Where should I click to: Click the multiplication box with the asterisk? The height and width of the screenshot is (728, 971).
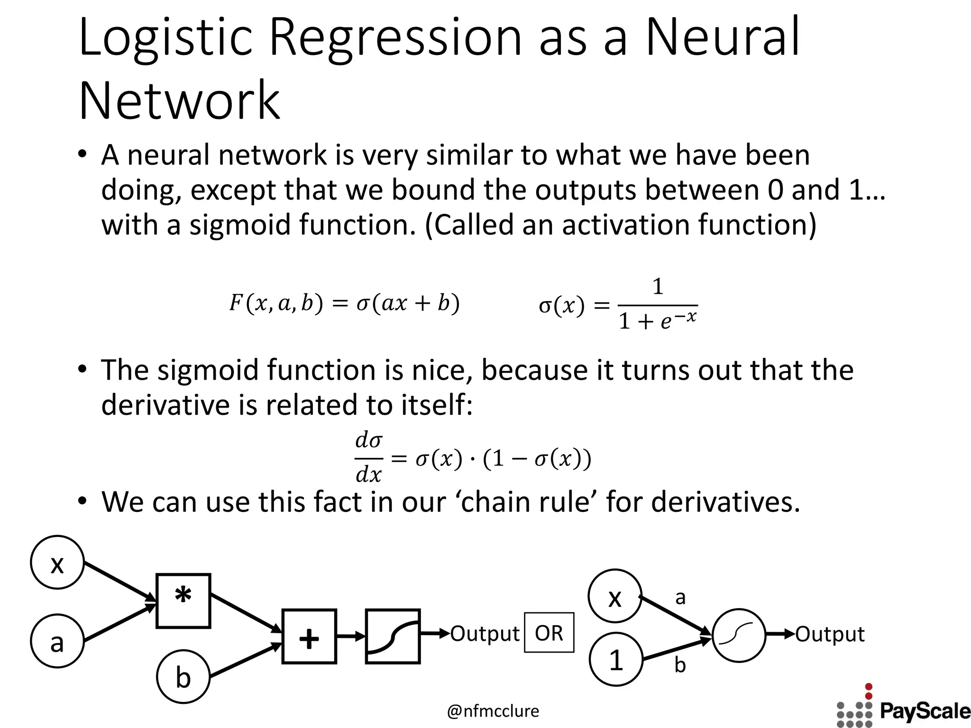coord(183,601)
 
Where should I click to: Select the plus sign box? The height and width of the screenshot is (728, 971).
coord(309,636)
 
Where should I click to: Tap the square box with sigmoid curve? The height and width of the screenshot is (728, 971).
coord(393,636)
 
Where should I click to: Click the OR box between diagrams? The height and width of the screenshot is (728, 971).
coord(549,633)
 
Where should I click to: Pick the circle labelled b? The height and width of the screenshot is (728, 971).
coord(183,676)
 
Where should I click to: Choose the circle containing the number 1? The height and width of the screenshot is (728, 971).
coord(616,659)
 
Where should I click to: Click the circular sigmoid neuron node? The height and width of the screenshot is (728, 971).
coord(739,635)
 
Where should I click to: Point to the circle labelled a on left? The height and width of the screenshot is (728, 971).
coord(57,641)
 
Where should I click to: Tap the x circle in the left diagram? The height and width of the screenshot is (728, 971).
coord(57,563)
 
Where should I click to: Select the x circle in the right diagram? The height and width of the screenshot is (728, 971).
coord(615,596)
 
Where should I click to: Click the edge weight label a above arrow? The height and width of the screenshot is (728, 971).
coord(680,597)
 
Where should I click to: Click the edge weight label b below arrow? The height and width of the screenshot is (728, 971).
coord(680,665)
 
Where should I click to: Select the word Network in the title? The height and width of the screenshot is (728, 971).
coord(179,100)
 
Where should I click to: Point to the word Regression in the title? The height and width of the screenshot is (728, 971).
coord(396,38)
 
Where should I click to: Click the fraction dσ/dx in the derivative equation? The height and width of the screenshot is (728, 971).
coord(369,457)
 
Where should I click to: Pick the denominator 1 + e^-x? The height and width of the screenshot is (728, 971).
coord(658,320)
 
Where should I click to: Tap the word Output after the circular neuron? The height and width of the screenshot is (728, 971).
coord(830,634)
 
